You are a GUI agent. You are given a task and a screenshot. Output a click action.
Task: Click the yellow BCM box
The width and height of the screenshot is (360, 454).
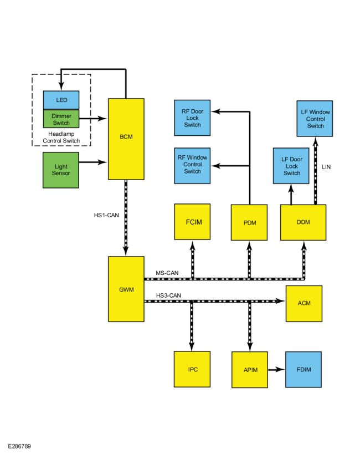126,139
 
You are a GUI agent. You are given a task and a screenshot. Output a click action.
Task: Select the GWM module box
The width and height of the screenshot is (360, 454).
126,289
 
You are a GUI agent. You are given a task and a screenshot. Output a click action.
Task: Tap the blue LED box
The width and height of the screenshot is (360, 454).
61,100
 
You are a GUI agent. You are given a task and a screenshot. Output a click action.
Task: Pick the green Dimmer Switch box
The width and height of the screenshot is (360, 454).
61,119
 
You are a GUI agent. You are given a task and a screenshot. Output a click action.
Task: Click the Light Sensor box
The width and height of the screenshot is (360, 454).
61,170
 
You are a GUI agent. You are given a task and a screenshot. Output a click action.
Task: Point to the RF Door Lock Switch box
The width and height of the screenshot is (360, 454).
192,118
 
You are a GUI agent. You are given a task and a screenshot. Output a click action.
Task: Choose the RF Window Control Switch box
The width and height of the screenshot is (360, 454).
192,166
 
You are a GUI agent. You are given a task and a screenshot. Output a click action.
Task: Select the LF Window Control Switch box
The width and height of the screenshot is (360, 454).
315,119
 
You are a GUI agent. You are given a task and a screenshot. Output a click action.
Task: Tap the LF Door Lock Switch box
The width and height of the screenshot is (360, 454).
291,166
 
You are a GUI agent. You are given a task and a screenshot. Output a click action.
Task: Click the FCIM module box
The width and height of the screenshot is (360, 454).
192,222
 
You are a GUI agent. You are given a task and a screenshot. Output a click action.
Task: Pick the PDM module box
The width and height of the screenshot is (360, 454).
249,222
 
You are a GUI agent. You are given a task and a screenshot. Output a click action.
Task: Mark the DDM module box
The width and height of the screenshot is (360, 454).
304,222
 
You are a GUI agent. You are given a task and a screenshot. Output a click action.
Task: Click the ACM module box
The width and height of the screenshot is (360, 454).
304,303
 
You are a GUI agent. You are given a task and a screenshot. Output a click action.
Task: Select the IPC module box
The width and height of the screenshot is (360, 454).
192,369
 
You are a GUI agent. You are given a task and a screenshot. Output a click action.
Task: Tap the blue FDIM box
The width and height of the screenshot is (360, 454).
304,369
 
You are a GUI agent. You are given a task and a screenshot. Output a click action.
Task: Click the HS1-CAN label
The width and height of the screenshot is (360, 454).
106,215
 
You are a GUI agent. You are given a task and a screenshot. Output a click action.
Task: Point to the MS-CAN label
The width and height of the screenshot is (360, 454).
167,273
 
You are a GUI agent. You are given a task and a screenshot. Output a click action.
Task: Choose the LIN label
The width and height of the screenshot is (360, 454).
326,167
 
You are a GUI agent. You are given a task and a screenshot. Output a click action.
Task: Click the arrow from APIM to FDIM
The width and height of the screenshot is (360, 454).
276,369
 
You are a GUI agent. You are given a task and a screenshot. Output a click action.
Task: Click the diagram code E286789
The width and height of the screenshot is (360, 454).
19,446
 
